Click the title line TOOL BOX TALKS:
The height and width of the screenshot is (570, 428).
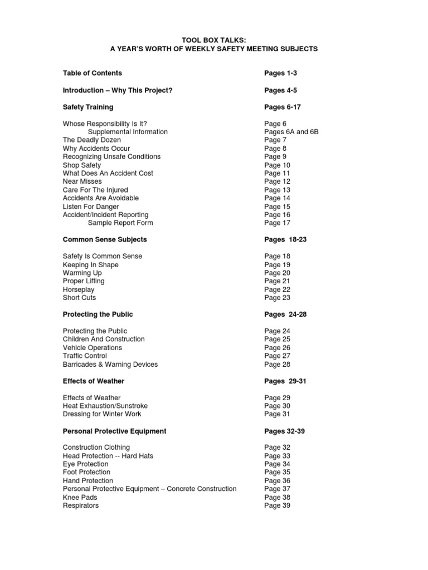[214, 40]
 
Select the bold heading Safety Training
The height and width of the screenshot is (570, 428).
[88, 107]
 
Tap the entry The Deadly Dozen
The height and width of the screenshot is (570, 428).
[92, 140]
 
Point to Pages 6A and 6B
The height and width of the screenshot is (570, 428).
[291, 132]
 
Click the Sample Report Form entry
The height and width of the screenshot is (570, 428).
[120, 223]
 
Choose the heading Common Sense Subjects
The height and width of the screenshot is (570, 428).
[105, 239]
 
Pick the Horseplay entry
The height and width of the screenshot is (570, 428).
[79, 289]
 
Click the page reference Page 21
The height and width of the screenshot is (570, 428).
[277, 281]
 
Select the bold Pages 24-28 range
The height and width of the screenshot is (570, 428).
[285, 315]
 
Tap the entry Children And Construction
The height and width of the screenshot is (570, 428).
[104, 339]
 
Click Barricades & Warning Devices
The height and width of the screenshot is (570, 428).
[110, 364]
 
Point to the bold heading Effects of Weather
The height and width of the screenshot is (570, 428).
[94, 381]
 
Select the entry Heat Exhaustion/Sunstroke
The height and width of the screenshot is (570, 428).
[105, 406]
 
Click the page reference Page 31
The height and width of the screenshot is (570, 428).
[277, 414]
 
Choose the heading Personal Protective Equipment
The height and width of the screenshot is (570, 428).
[115, 431]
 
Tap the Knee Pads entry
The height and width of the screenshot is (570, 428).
[80, 497]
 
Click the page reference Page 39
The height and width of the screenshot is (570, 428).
[277, 505]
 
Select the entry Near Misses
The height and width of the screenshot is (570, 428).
[82, 181]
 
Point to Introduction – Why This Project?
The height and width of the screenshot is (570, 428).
[118, 90]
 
